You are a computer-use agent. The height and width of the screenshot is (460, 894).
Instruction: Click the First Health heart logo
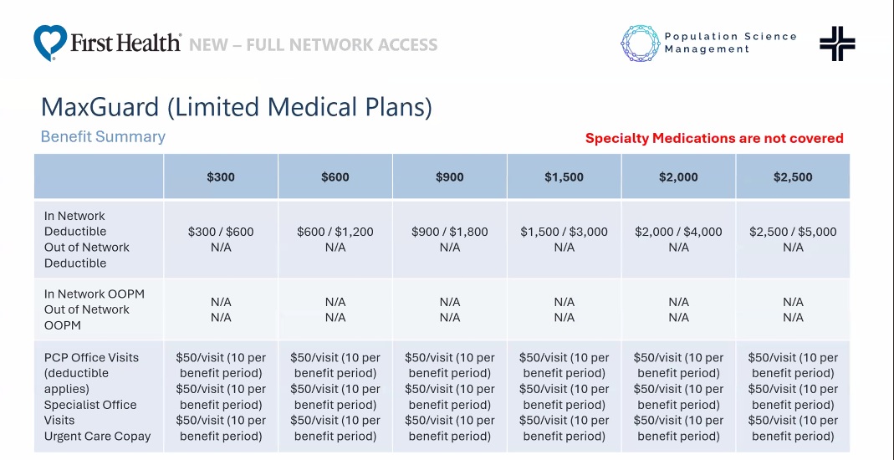50,42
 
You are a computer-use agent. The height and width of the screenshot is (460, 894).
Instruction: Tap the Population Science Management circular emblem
641,43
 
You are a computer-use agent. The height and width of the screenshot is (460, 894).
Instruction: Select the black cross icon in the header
837,43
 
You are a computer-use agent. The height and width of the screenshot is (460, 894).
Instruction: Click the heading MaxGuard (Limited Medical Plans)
237,107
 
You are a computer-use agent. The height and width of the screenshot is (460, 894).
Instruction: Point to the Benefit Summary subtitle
103,136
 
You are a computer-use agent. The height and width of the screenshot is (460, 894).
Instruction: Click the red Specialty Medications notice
714,139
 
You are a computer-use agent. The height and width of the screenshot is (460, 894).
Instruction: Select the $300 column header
221,177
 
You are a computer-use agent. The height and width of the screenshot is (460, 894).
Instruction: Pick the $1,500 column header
564,177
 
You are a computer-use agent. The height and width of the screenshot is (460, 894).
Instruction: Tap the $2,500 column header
793,177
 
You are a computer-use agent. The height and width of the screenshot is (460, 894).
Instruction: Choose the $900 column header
450,177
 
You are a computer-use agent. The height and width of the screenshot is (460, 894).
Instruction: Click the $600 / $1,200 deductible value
335,232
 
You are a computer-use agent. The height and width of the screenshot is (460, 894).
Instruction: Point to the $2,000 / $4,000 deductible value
678,232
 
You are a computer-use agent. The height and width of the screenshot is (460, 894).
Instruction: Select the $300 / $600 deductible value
221,232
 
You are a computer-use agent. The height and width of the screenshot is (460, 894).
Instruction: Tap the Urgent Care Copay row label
97,436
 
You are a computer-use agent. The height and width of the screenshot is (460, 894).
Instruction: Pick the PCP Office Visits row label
91,357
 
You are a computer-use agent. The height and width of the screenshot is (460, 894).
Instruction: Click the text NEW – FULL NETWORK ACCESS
314,44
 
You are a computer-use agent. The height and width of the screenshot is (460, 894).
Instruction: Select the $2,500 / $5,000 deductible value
793,232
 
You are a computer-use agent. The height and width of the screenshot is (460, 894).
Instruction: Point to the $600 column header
335,177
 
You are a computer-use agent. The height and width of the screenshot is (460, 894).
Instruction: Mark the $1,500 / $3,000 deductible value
564,232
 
